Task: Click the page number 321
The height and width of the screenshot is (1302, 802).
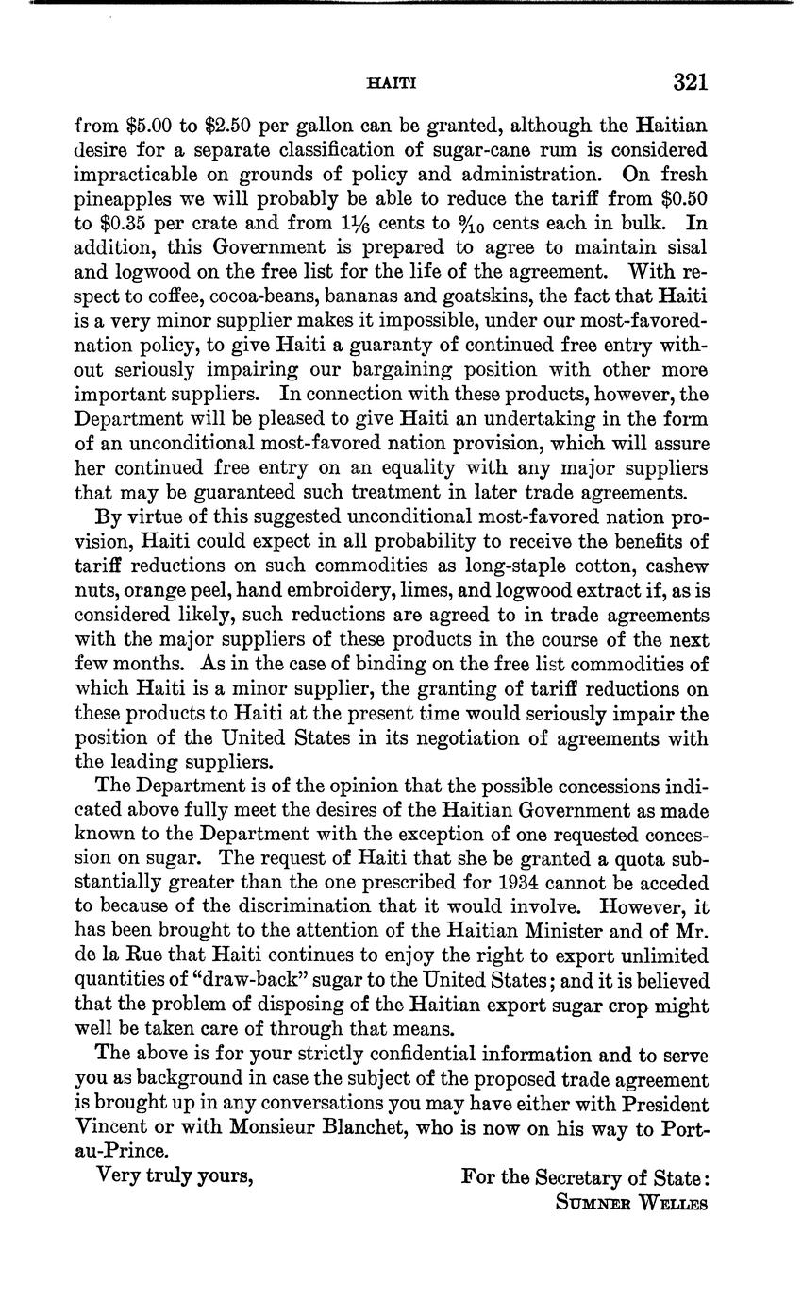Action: pos(690,83)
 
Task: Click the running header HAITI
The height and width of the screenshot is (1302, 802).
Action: pos(390,84)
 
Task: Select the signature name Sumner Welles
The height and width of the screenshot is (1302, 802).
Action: pos(631,1204)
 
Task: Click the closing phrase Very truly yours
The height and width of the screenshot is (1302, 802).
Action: pos(175,1177)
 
